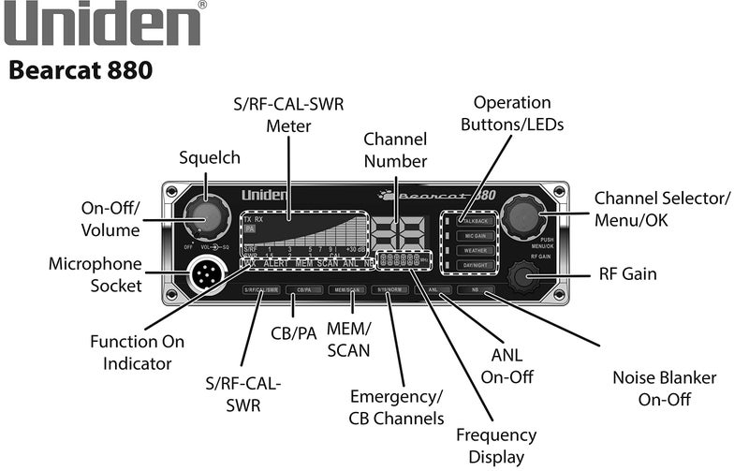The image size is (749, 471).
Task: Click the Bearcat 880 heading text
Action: [80, 71]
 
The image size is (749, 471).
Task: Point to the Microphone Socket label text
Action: [95, 275]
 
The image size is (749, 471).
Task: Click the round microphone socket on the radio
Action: [205, 275]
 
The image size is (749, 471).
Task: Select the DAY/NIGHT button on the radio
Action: [476, 267]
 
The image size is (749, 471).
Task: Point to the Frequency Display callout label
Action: [496, 446]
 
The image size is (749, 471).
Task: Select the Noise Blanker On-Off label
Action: [665, 388]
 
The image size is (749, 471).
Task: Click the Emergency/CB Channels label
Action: [396, 406]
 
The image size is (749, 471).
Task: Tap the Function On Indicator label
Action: [138, 352]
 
